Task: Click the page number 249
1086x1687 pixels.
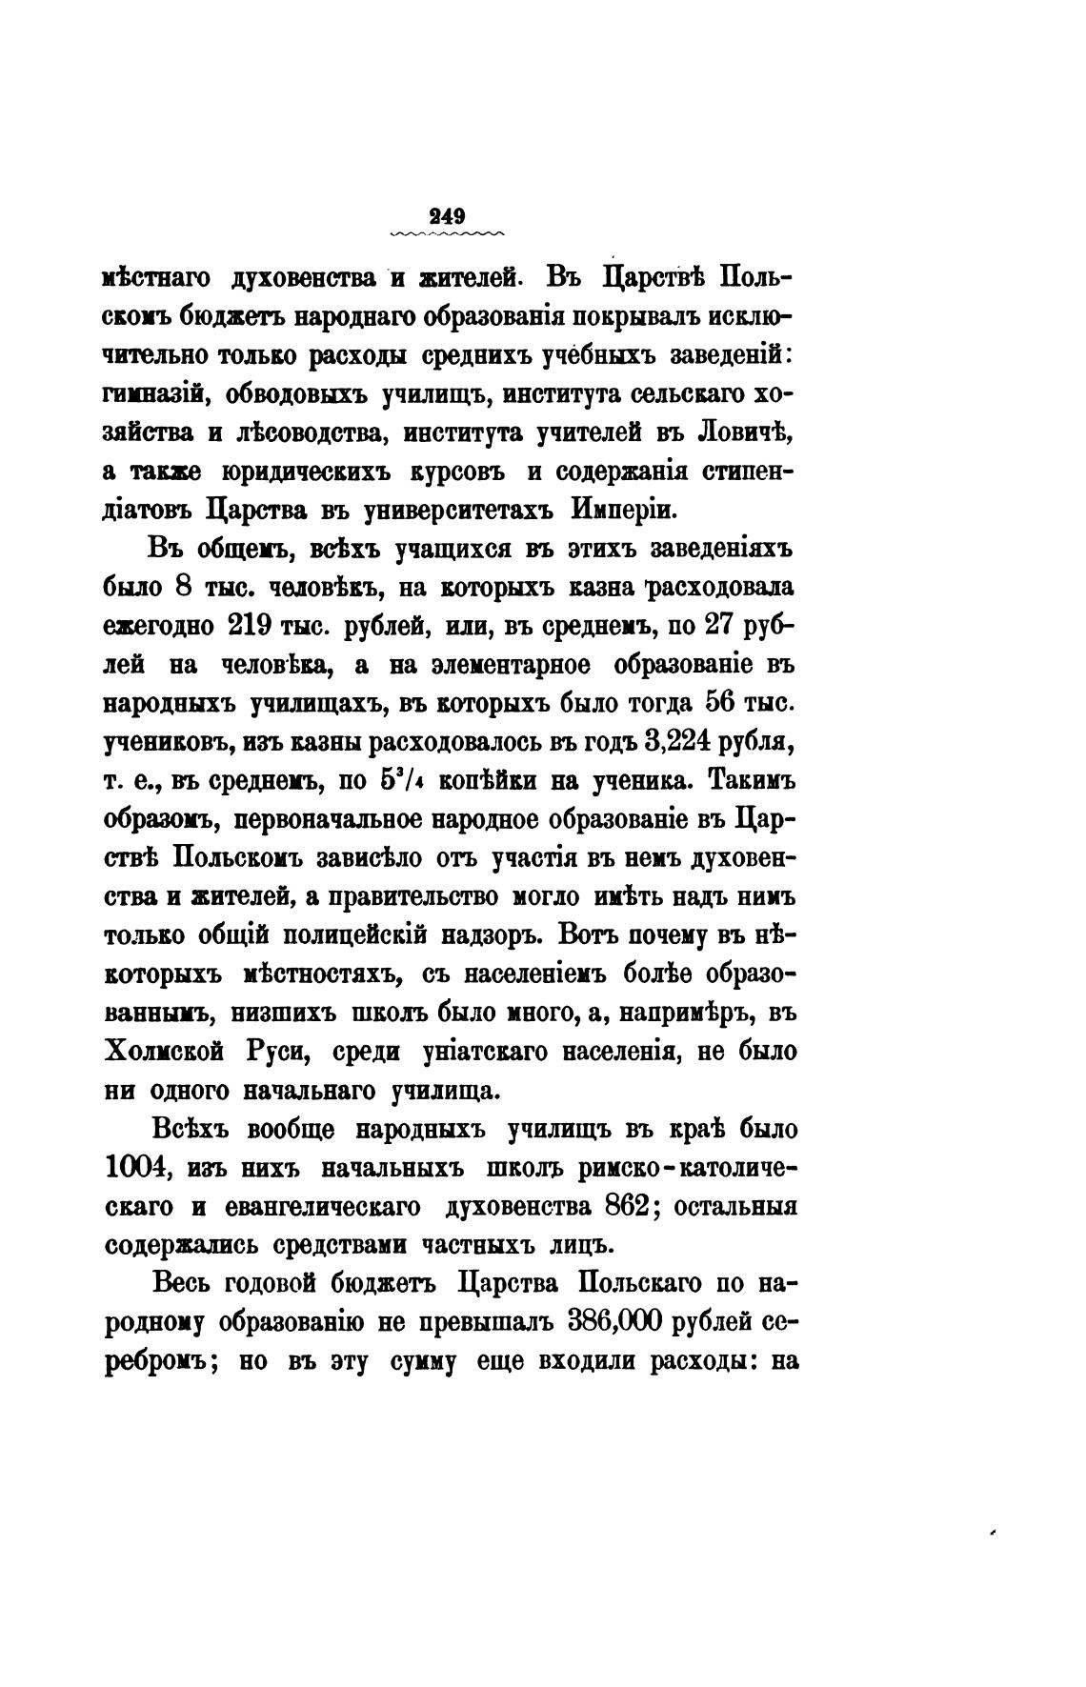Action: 448,215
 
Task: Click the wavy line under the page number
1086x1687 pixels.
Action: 448,234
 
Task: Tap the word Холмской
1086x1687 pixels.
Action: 162,1052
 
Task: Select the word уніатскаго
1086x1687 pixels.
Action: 486,1052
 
